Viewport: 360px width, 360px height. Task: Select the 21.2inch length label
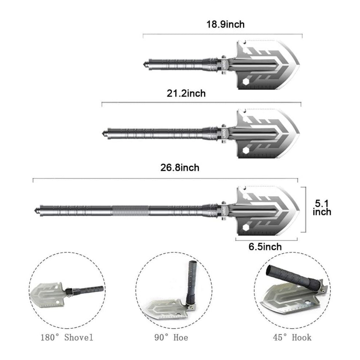186,93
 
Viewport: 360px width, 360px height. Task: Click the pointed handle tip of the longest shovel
36,211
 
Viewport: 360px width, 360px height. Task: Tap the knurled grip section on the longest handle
131,211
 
